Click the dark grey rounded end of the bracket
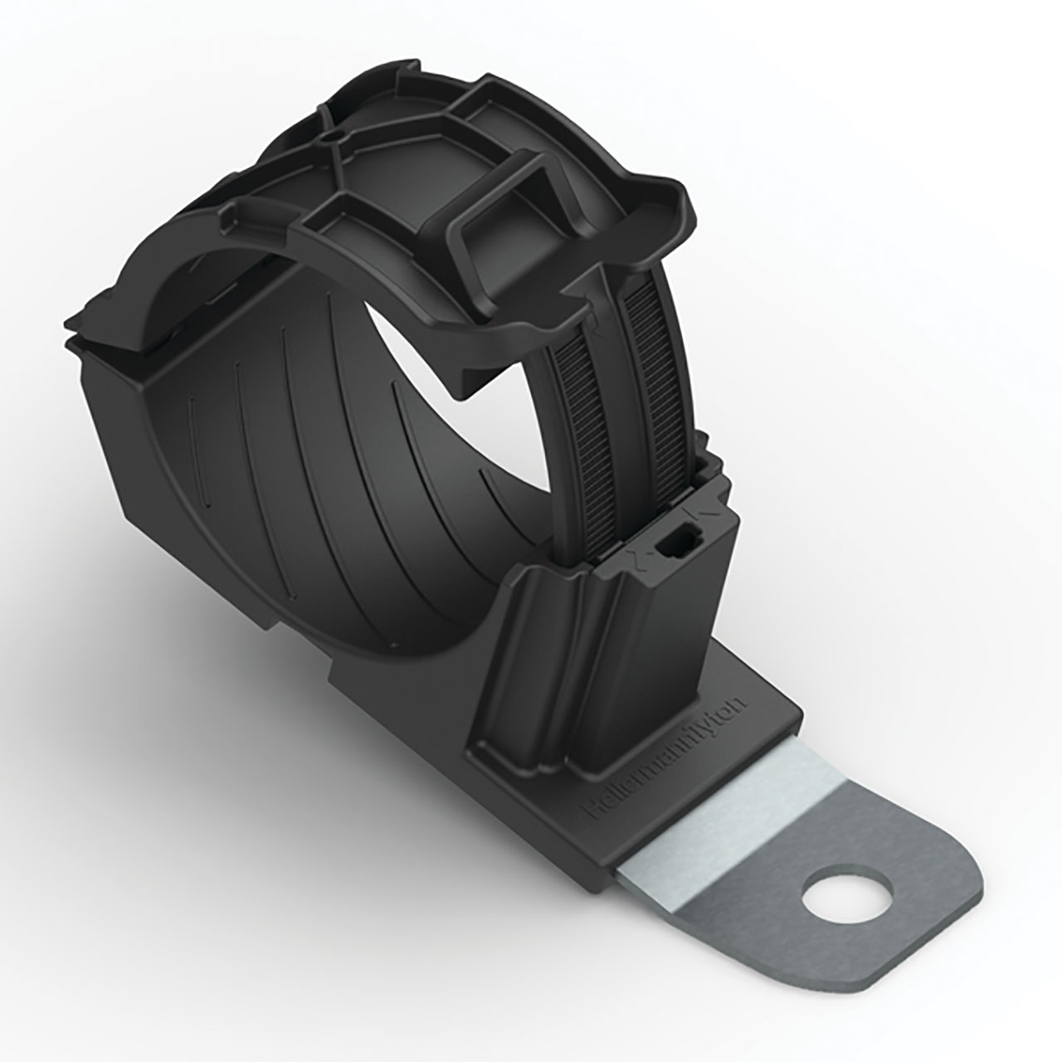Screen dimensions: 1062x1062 point(896,938)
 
